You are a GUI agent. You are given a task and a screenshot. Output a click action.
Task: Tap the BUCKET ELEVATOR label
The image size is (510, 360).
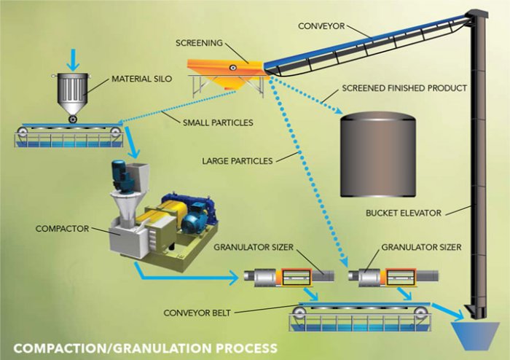[408, 214]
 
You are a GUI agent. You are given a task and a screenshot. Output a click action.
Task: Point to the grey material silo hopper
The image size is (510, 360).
[73, 94]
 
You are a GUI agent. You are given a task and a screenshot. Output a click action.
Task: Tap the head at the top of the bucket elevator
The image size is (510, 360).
[477, 15]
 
